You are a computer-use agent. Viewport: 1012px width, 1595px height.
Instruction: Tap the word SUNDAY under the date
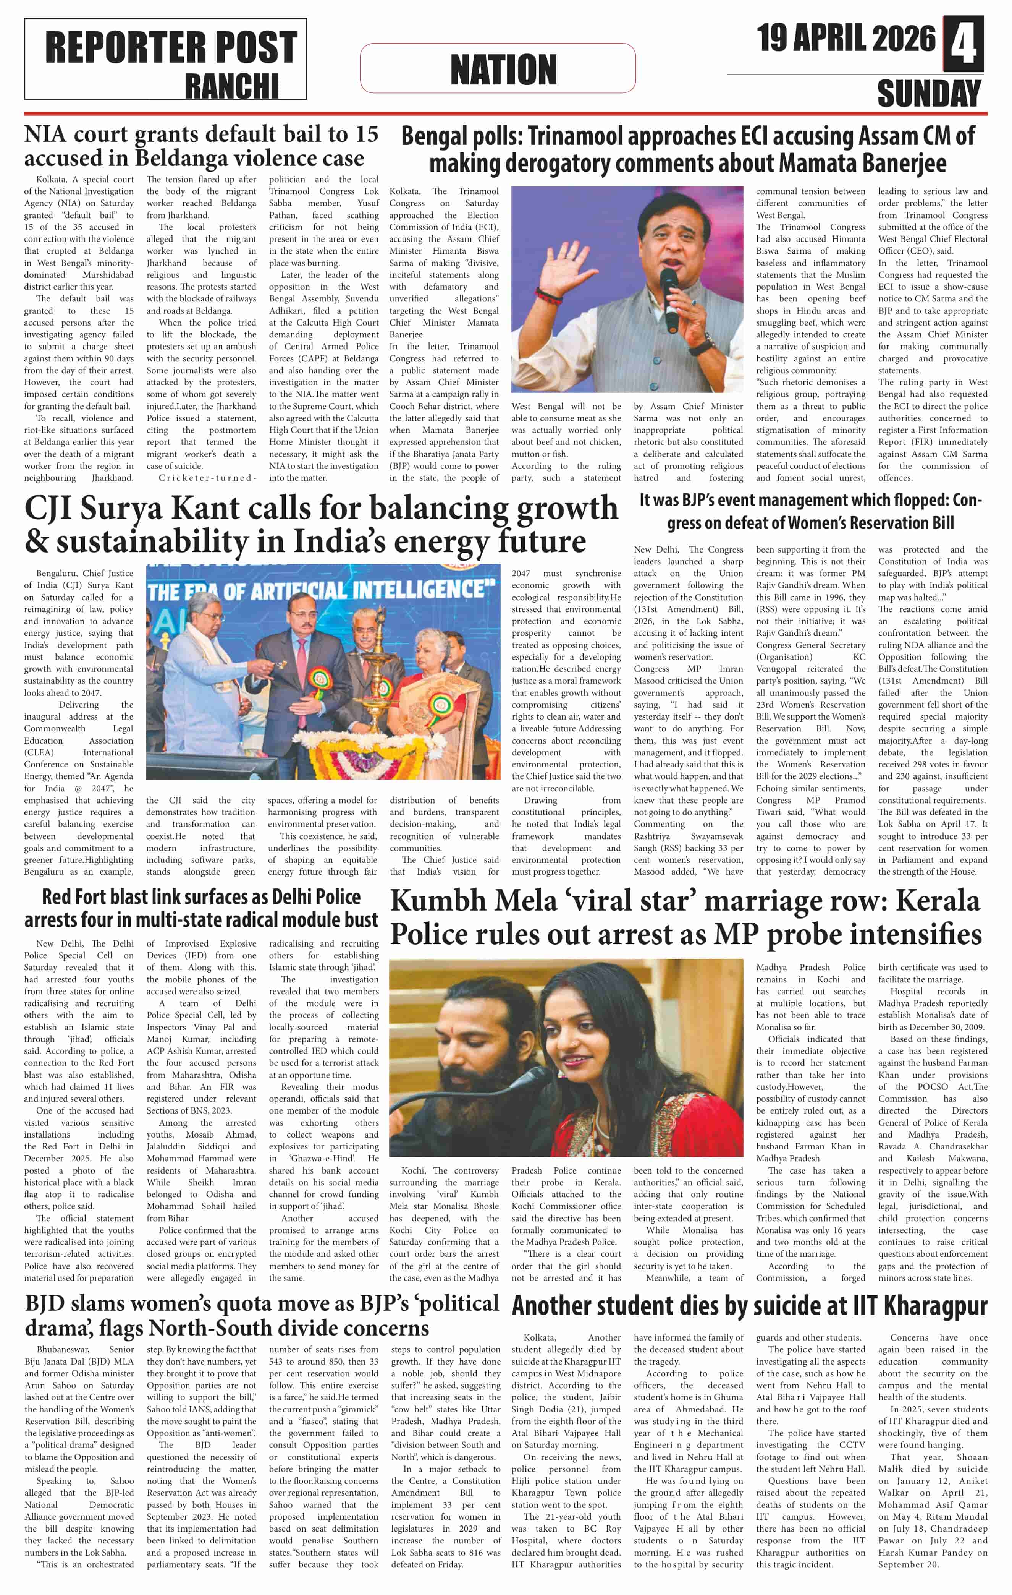pyautogui.click(x=929, y=93)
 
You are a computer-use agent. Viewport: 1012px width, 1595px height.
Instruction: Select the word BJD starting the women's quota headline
pyautogui.click(x=46, y=1303)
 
